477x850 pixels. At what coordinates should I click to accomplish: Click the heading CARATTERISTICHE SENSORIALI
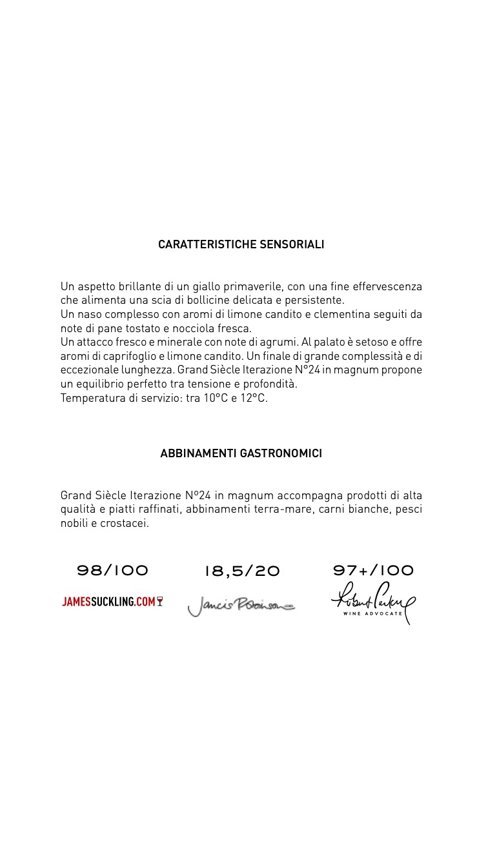[x=241, y=245]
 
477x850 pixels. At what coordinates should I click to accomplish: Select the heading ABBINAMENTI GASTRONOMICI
[x=241, y=454]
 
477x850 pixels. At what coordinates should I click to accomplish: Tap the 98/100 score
[x=113, y=571]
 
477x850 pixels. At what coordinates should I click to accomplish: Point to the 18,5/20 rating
[x=242, y=571]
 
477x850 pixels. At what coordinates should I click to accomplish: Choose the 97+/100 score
[x=373, y=571]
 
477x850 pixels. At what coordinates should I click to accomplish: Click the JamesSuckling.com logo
[x=108, y=602]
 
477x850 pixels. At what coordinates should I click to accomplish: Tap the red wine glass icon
[x=159, y=602]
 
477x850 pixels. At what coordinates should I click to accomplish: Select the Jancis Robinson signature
[x=241, y=606]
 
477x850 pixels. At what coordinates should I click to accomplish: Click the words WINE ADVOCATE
[x=373, y=613]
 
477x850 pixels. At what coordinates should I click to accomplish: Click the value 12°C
[x=254, y=399]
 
